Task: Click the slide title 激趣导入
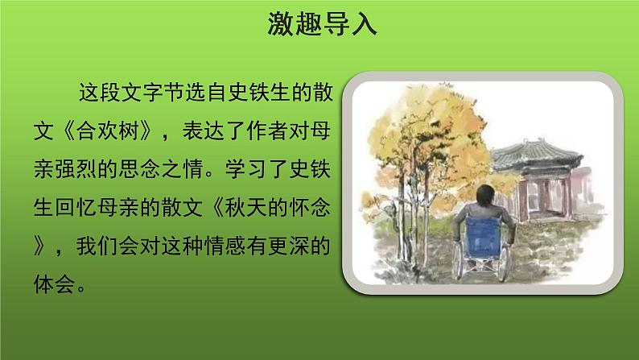click(322, 24)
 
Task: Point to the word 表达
click(204, 131)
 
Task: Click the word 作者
click(267, 131)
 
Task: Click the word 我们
click(97, 246)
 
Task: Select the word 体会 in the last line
click(55, 283)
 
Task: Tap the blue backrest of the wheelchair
click(484, 237)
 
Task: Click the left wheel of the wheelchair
click(457, 260)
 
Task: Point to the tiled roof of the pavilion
click(537, 155)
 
